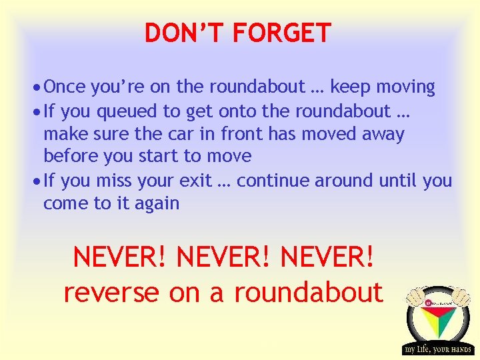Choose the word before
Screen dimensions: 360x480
tap(71, 157)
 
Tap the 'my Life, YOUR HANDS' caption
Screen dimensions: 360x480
tap(437, 349)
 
